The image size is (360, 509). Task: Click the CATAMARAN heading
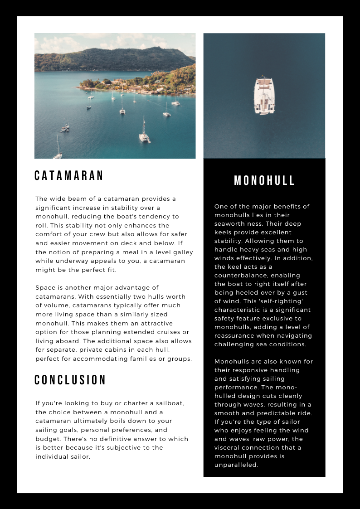point(69,176)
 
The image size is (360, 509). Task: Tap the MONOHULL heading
point(264,181)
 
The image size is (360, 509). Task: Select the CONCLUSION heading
point(70,380)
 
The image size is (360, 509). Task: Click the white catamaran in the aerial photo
point(264,95)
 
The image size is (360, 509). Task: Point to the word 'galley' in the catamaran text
point(182,252)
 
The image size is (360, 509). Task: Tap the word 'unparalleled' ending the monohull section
point(236,465)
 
